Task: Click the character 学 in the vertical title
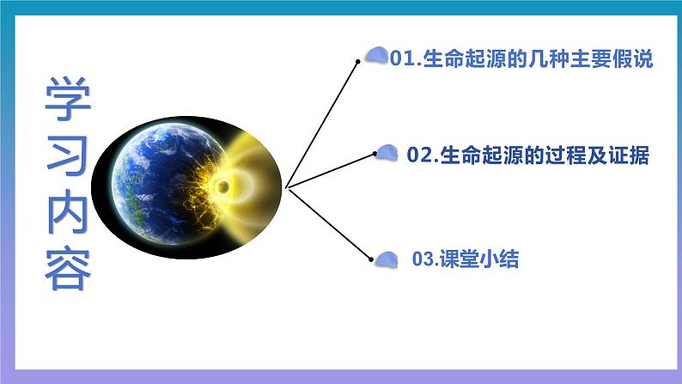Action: [68, 98]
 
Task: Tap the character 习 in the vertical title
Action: [68, 153]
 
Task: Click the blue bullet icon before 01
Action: [376, 56]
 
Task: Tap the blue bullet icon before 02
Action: [389, 152]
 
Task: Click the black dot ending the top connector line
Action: [358, 61]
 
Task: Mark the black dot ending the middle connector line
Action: [374, 155]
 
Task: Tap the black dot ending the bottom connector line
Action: [371, 256]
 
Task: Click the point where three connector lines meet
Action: [286, 186]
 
